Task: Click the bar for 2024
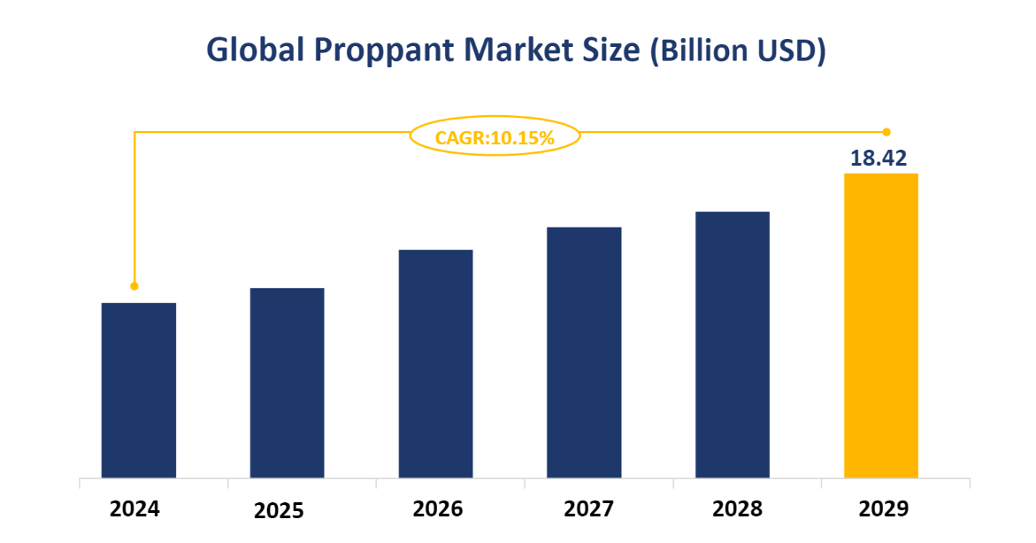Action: (139, 391)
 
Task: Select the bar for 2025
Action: (287, 384)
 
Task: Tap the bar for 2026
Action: (435, 364)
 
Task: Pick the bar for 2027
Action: (584, 353)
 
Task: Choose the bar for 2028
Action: (732, 345)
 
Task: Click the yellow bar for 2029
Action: (880, 325)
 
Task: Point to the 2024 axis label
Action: (134, 509)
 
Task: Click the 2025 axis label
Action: (279, 511)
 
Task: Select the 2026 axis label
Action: (437, 509)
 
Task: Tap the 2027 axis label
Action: (588, 509)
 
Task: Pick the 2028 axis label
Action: (737, 509)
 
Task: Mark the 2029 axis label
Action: (883, 509)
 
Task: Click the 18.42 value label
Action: (879, 159)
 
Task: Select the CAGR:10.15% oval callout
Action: (495, 137)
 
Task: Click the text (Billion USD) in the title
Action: (737, 51)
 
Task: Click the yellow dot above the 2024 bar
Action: (134, 286)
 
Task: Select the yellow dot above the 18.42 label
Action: (886, 132)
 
